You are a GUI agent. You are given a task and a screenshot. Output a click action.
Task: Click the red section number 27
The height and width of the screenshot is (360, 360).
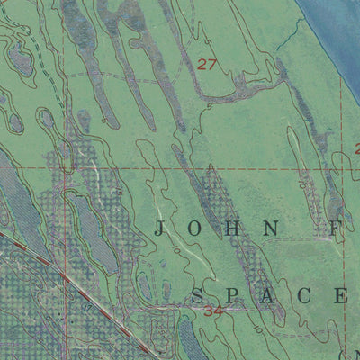[x=207, y=64]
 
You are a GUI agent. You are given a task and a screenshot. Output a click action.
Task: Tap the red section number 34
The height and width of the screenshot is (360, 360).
[x=213, y=311]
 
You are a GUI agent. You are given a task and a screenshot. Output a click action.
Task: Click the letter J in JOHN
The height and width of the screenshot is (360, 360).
[x=160, y=229]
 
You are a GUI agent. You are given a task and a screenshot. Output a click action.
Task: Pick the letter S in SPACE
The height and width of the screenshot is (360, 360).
[x=199, y=295]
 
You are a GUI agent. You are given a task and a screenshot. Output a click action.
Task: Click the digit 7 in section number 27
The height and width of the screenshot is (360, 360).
[x=212, y=64]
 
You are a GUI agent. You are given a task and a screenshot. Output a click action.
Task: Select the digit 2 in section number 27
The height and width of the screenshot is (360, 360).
[x=202, y=64]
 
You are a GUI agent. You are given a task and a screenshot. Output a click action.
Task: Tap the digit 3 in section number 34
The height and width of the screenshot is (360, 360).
[x=209, y=311]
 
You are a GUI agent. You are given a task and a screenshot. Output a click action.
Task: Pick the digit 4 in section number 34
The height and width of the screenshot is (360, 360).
[x=219, y=311]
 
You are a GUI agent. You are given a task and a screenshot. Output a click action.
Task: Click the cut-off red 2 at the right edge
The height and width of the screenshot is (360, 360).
[x=356, y=149]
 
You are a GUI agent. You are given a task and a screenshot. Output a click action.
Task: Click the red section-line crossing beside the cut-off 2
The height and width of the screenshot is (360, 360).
[x=343, y=167]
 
